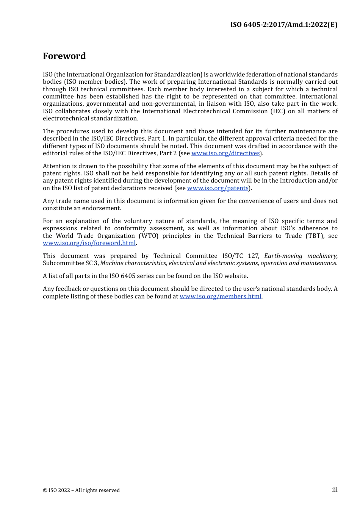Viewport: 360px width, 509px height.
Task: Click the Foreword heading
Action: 64,56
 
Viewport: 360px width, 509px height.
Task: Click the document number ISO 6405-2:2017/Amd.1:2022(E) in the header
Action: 283,25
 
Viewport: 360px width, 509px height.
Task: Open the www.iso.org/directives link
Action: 225,153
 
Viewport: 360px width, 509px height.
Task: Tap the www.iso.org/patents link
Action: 218,188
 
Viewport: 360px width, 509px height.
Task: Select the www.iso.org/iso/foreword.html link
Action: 89,243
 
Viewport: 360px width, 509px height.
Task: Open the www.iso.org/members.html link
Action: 221,297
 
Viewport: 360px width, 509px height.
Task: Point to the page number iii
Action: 335,490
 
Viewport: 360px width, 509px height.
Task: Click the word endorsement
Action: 102,208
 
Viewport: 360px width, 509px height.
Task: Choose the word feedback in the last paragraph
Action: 68,289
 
